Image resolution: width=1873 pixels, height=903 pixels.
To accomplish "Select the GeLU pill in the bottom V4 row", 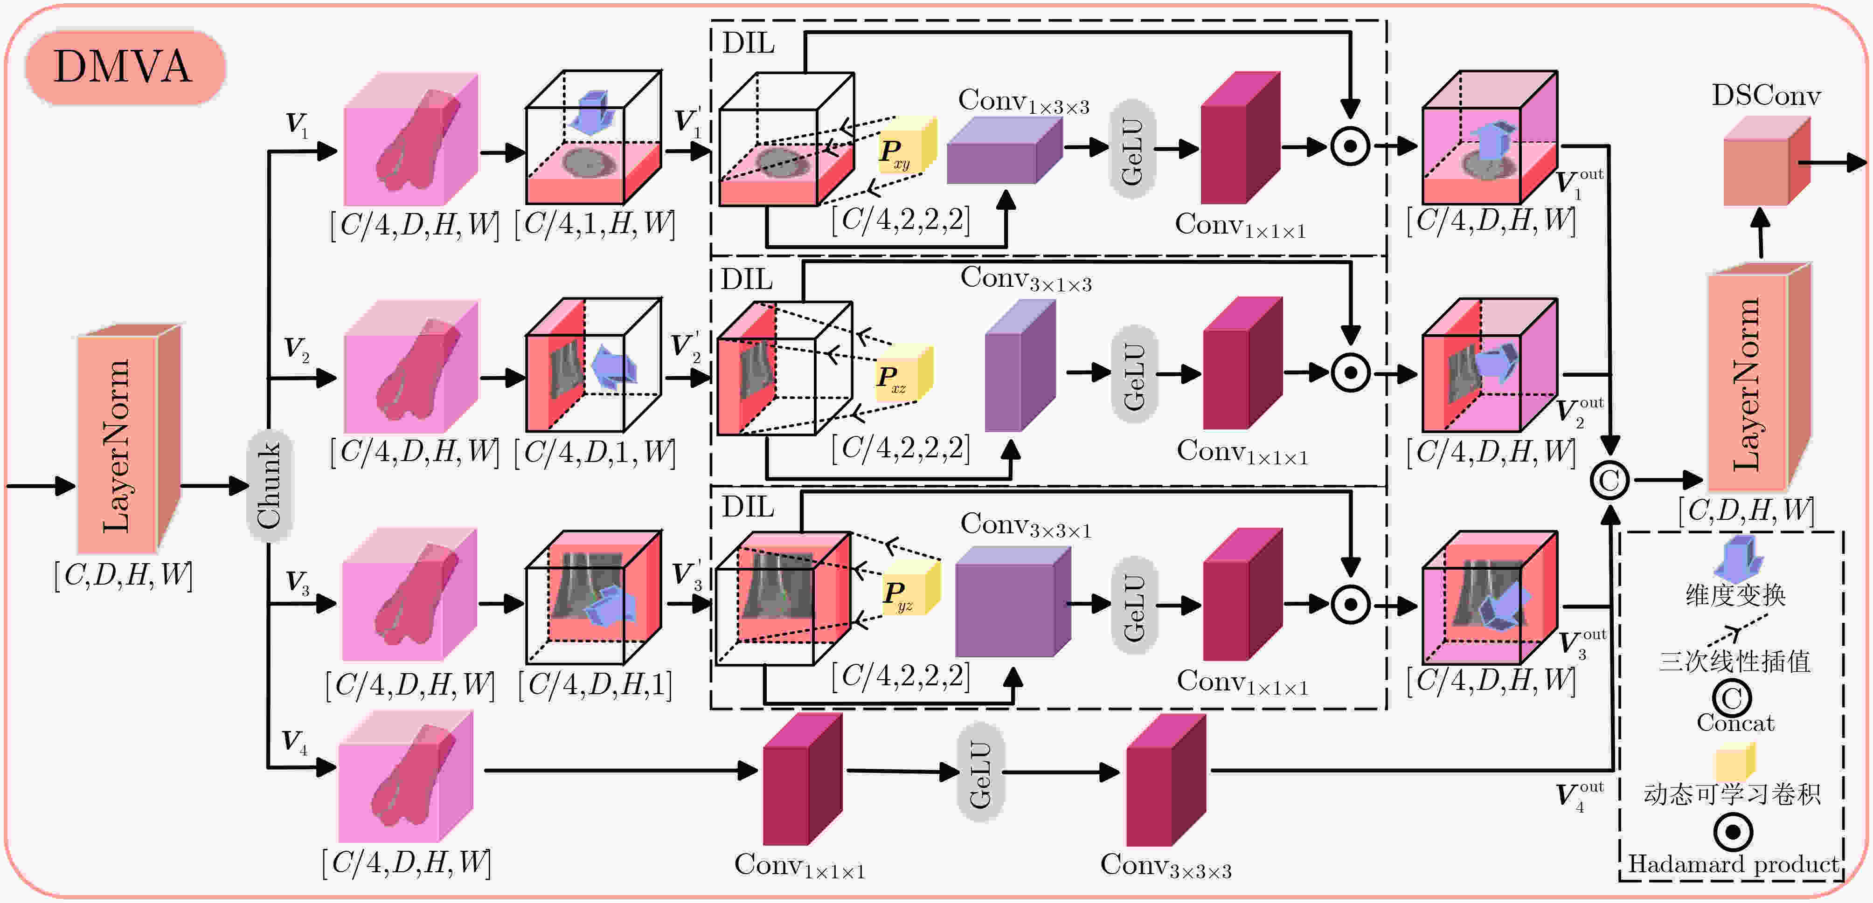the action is [x=980, y=772].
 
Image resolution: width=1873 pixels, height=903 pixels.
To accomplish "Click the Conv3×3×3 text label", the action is [x=1165, y=866].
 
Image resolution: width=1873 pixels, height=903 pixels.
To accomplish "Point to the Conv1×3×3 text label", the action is [x=1024, y=102].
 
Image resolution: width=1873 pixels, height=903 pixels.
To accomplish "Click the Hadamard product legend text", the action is [x=1734, y=864].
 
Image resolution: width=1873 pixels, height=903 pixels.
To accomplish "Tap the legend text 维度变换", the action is [x=1735, y=595].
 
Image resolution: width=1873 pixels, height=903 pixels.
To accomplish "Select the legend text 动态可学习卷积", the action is [x=1733, y=794].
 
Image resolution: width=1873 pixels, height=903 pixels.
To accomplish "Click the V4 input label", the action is [x=294, y=742].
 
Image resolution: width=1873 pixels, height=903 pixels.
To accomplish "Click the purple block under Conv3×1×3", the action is [x=1020, y=365].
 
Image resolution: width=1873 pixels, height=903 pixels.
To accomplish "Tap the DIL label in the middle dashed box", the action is [x=747, y=279].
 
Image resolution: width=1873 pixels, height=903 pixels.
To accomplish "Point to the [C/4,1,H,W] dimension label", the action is [x=595, y=224].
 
